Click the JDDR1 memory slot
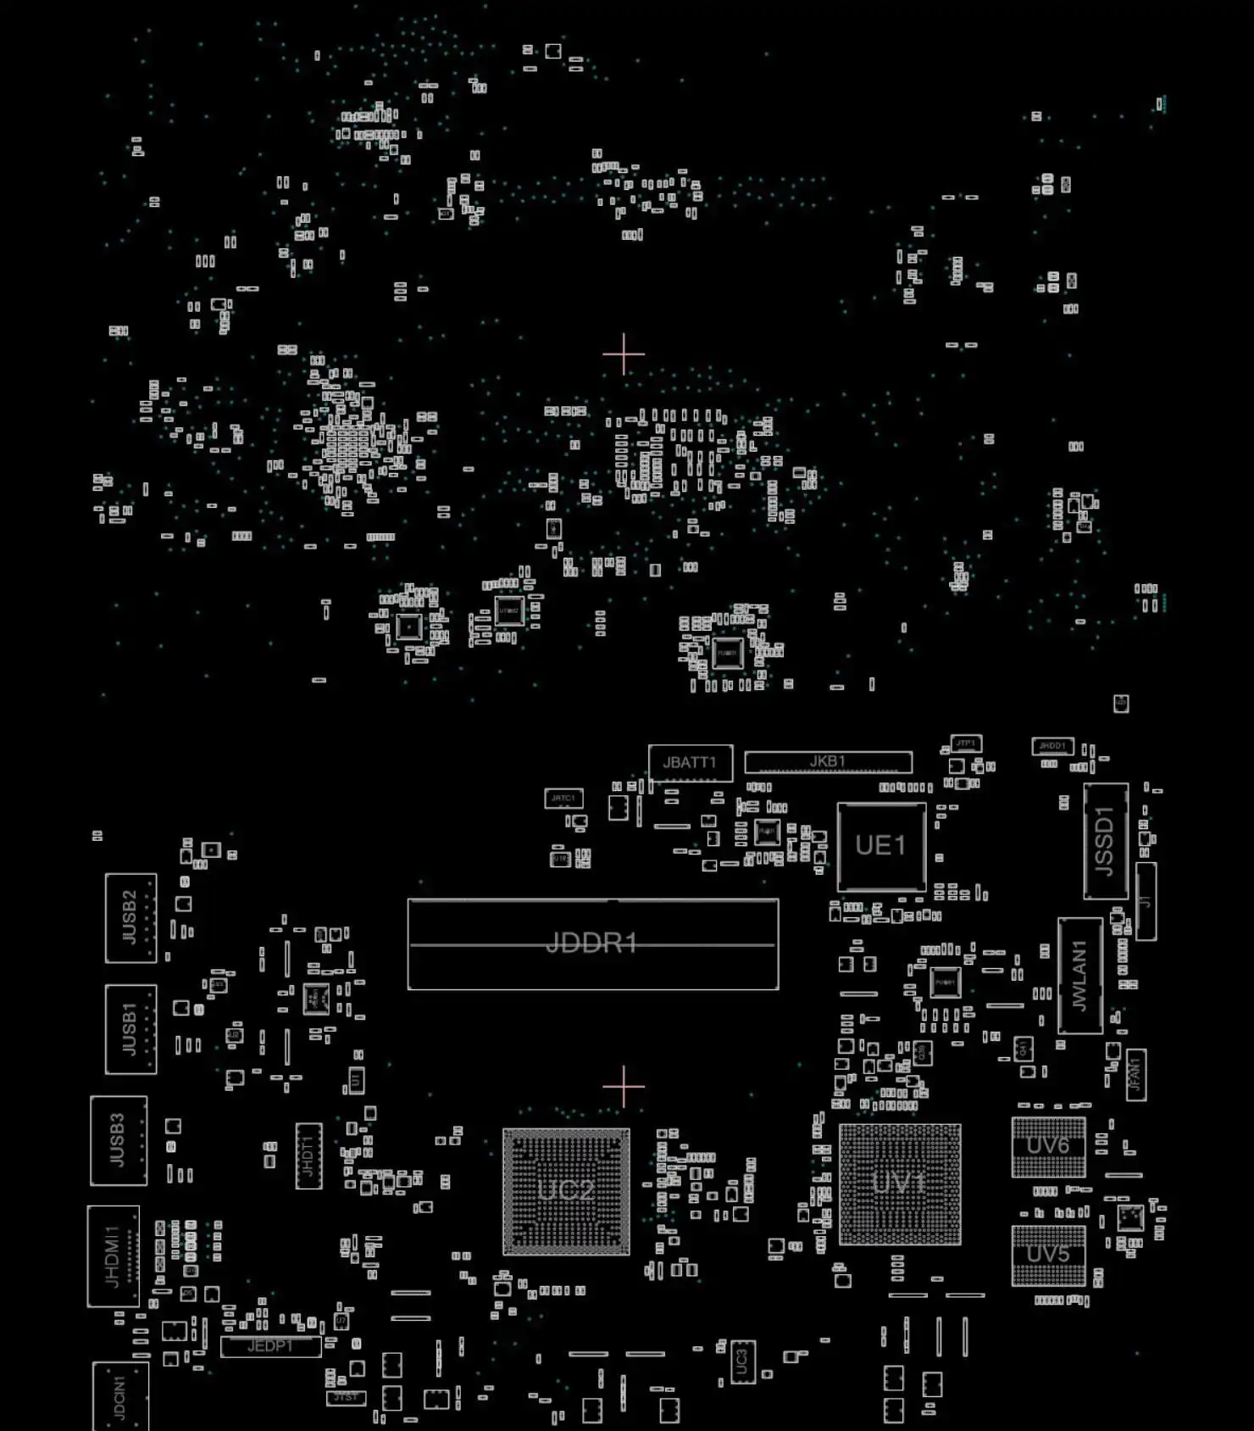[592, 944]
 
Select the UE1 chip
[881, 846]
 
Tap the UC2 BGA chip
[566, 1191]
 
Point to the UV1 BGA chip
[900, 1183]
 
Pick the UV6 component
[1048, 1147]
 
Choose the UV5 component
[1048, 1255]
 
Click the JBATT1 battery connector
[690, 763]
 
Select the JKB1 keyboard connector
[828, 762]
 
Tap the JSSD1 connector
[1105, 841]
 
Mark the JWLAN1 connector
[1079, 975]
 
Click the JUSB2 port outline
[130, 917]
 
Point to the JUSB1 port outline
[130, 1029]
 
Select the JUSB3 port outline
[118, 1140]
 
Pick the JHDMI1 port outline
[113, 1256]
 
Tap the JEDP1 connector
[270, 1346]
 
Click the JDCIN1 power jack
[119, 1397]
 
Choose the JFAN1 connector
[1135, 1075]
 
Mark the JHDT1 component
[308, 1155]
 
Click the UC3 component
[742, 1361]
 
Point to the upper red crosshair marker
[624, 354]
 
